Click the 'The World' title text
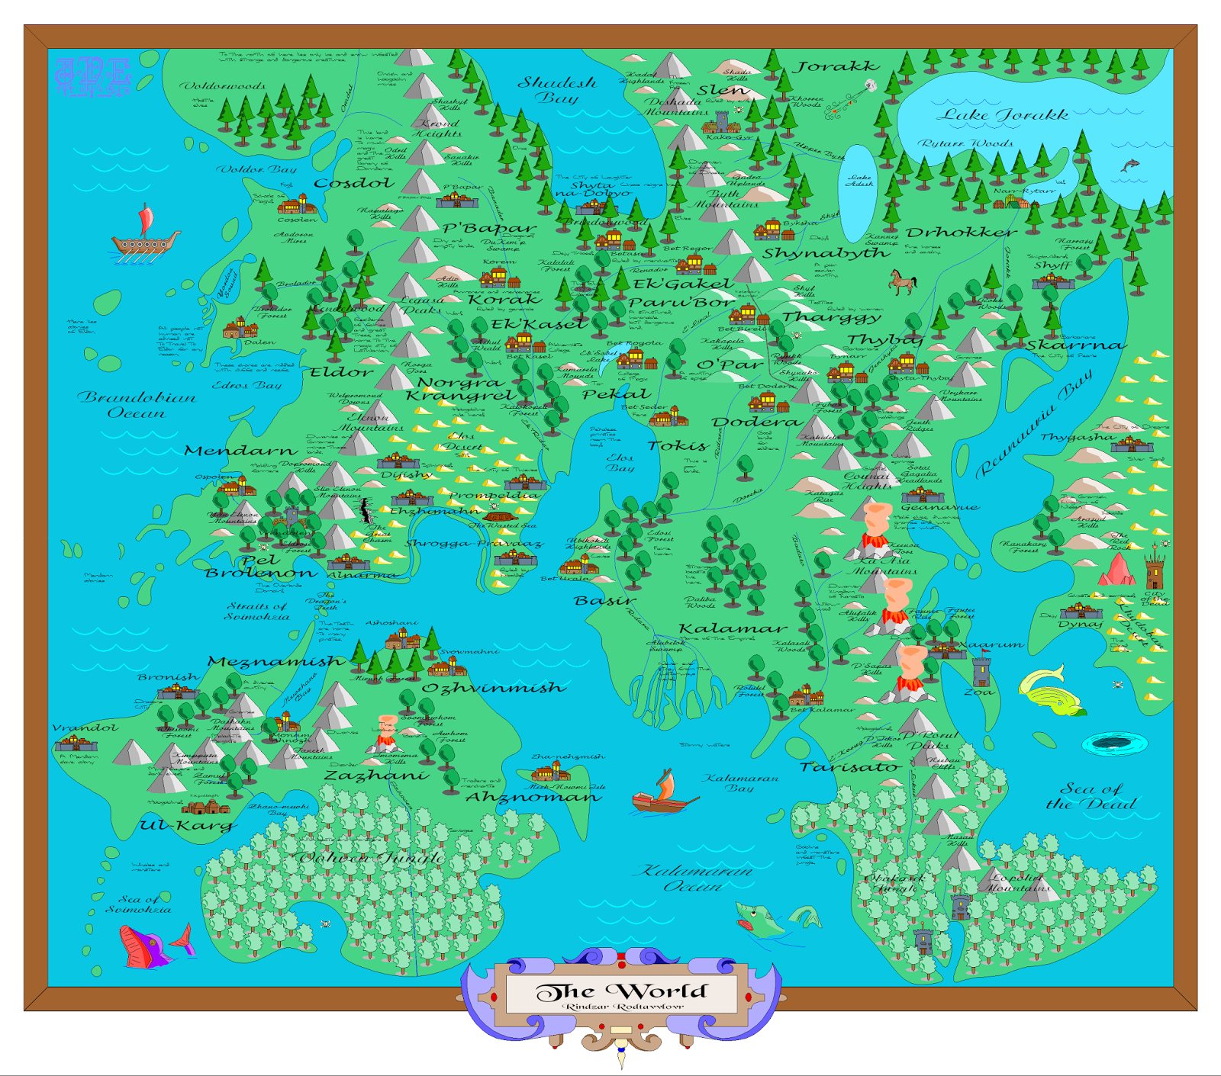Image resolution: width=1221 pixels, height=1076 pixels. [622, 991]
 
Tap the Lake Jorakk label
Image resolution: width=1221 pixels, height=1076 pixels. [1002, 115]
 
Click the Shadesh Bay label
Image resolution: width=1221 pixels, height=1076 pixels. [557, 89]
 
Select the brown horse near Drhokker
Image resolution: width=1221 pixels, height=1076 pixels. [902, 282]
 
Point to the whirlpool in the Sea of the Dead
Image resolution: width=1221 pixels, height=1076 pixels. [1114, 742]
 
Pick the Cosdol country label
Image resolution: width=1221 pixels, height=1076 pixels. [354, 183]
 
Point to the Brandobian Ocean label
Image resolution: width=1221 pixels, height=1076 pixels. [137, 405]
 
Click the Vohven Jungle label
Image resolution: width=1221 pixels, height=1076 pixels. [372, 858]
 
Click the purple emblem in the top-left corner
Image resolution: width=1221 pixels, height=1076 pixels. [93, 77]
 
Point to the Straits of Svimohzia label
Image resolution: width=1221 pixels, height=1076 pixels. [256, 611]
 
